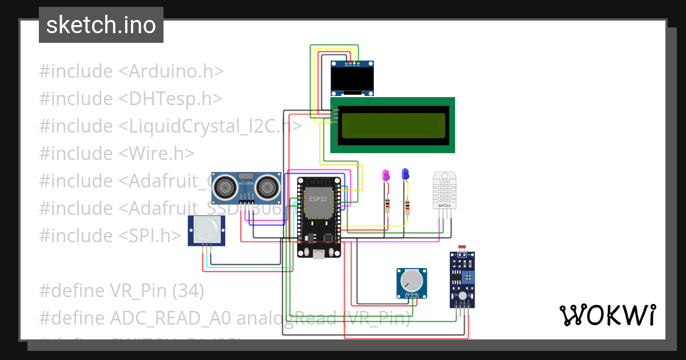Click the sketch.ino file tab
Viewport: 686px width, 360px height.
101,25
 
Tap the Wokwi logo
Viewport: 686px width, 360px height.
607,315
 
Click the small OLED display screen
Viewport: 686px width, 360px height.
353,79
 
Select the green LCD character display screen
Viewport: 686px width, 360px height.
392,126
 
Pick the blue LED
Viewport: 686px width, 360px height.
405,174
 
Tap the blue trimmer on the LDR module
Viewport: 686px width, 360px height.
468,277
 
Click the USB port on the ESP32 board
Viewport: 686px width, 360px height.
318,253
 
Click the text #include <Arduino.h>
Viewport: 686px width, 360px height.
131,71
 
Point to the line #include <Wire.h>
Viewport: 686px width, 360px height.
117,153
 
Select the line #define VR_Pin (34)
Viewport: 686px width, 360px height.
121,291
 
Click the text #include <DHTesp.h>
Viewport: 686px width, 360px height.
130,99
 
